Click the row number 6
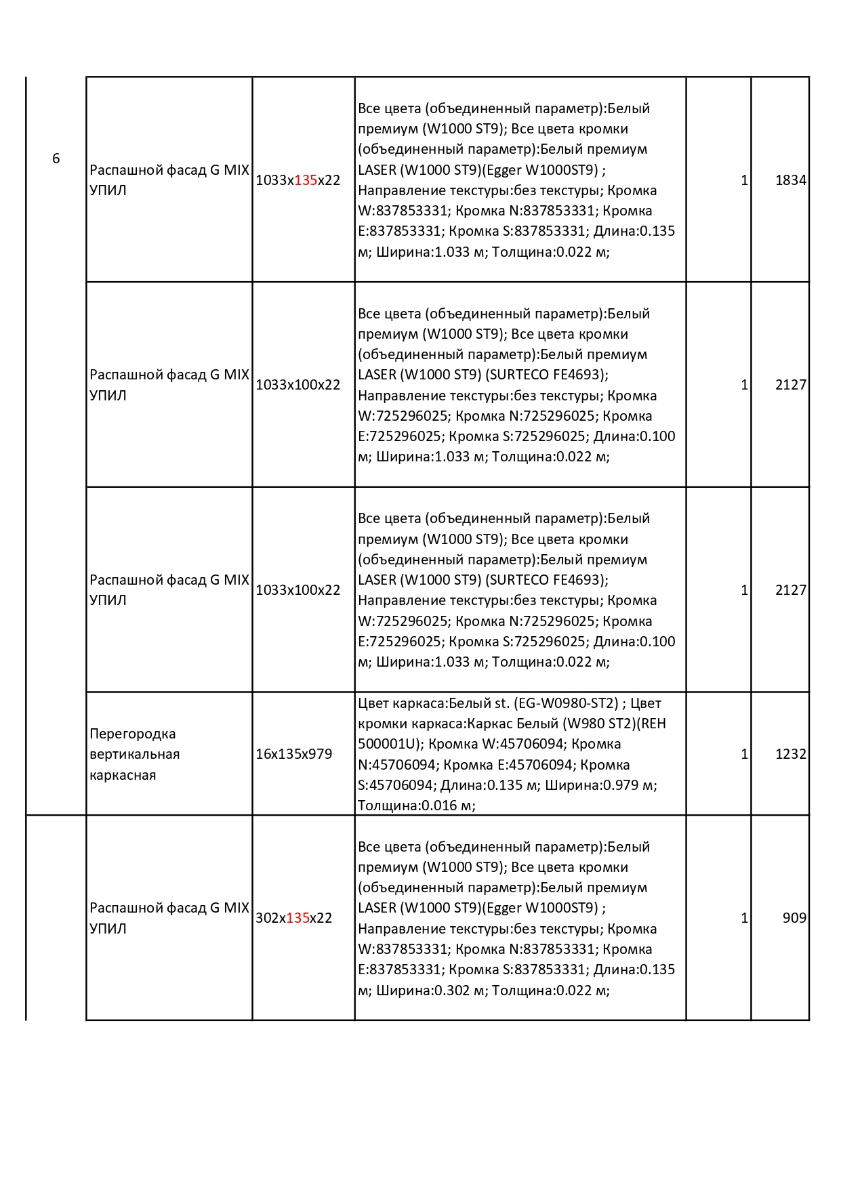coord(56,159)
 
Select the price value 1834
coord(790,180)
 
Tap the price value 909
coord(794,918)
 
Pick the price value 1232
coord(790,754)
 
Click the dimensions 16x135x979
coord(293,754)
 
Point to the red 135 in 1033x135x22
coord(306,180)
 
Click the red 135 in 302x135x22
coord(298,918)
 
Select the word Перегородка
coord(132,734)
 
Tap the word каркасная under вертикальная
coord(123,775)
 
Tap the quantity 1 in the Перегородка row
coord(744,754)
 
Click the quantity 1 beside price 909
coord(744,918)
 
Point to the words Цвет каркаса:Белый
coord(434,703)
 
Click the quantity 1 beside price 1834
coord(744,180)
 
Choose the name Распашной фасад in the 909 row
coord(148,908)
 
